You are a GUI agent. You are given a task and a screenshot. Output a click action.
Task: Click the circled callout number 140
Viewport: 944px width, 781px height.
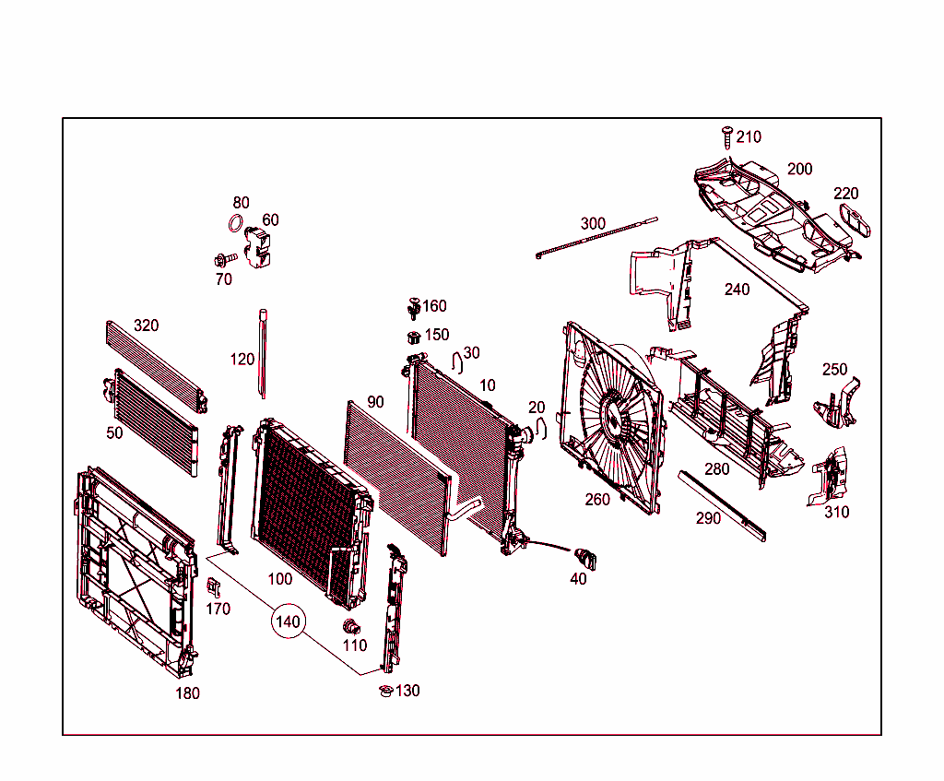[x=288, y=622]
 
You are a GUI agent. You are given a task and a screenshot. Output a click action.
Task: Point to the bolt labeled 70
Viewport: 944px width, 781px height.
[x=222, y=260]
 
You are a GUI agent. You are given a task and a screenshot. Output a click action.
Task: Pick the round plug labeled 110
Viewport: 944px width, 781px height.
[x=351, y=627]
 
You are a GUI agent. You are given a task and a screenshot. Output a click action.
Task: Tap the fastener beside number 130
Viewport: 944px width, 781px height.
[x=386, y=691]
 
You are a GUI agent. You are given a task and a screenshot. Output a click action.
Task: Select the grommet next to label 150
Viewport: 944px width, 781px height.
[x=414, y=336]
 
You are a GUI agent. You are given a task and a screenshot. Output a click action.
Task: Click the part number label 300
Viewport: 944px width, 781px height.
[x=593, y=224]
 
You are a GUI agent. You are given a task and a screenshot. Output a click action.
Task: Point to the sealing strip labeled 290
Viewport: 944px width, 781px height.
[x=722, y=505]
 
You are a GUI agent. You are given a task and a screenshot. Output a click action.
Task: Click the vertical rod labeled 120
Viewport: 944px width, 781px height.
[x=263, y=355]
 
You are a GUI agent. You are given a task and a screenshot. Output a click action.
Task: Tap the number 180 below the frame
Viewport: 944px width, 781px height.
[x=187, y=693]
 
